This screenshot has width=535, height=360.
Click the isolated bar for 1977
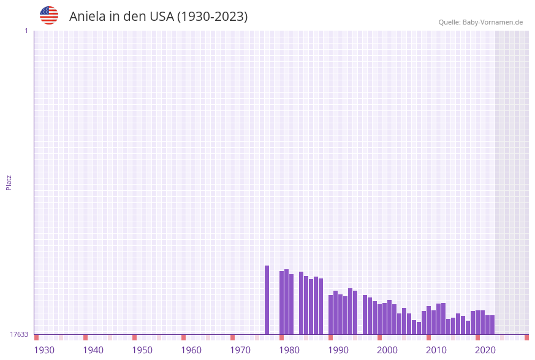[267, 300]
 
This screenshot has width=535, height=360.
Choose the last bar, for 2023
[493, 324]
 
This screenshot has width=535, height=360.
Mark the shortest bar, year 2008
[419, 328]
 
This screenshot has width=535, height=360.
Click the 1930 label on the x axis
[44, 350]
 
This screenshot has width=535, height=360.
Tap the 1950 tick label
[142, 350]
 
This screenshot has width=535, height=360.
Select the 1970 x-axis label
[240, 350]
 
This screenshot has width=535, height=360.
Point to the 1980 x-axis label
[289, 350]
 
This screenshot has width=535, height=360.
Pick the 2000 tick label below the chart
[387, 350]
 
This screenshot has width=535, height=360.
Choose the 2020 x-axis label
[485, 350]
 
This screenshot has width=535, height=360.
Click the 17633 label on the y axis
[19, 334]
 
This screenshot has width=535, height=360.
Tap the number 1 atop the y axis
[26, 31]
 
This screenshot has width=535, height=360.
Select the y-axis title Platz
[9, 182]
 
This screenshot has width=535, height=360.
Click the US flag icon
[49, 15]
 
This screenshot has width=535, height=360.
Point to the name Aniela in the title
[88, 17]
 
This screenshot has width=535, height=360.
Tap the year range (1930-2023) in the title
[212, 17]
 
